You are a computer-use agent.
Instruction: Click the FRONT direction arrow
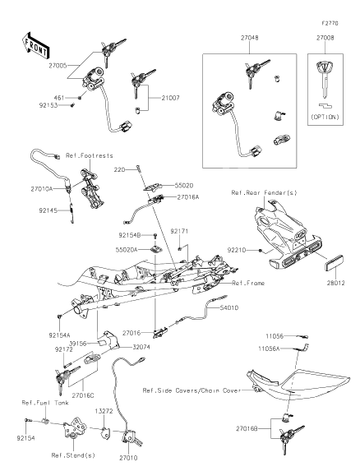tap(35, 46)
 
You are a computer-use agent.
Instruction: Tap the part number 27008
tap(325, 38)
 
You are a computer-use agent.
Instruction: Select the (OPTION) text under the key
tap(325, 117)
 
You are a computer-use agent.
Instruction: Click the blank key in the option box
tap(325, 79)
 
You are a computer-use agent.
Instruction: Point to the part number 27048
tap(250, 38)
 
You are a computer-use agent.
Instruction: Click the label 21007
tap(170, 98)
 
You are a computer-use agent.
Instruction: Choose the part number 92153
tap(48, 105)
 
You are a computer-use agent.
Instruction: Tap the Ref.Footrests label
tap(90, 155)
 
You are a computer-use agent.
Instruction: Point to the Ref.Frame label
tap(248, 283)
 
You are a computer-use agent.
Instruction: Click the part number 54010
tap(229, 308)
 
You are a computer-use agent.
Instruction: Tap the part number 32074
tap(141, 347)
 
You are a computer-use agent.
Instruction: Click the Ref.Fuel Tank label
tap(45, 403)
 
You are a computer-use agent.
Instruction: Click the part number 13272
tap(104, 411)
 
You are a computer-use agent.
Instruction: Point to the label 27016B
tap(247, 429)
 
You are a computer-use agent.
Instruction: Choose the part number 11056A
tap(269, 349)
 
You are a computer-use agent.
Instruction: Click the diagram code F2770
tap(330, 23)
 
